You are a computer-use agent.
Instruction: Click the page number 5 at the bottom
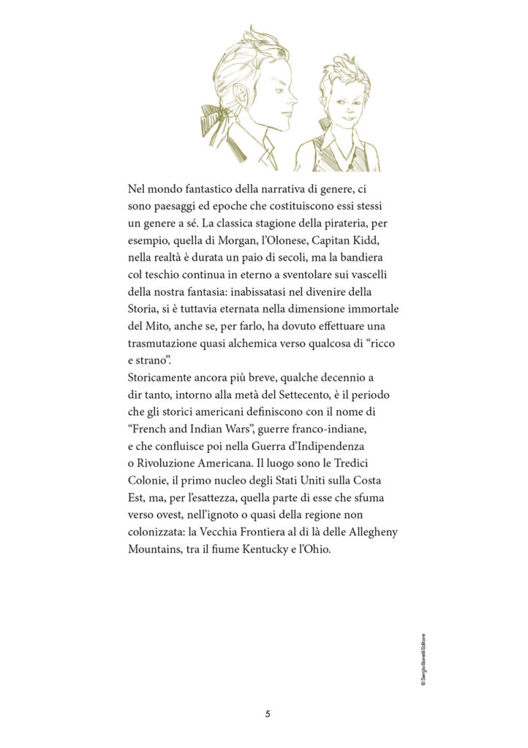(x=268, y=713)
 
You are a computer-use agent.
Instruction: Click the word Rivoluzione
(x=168, y=462)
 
